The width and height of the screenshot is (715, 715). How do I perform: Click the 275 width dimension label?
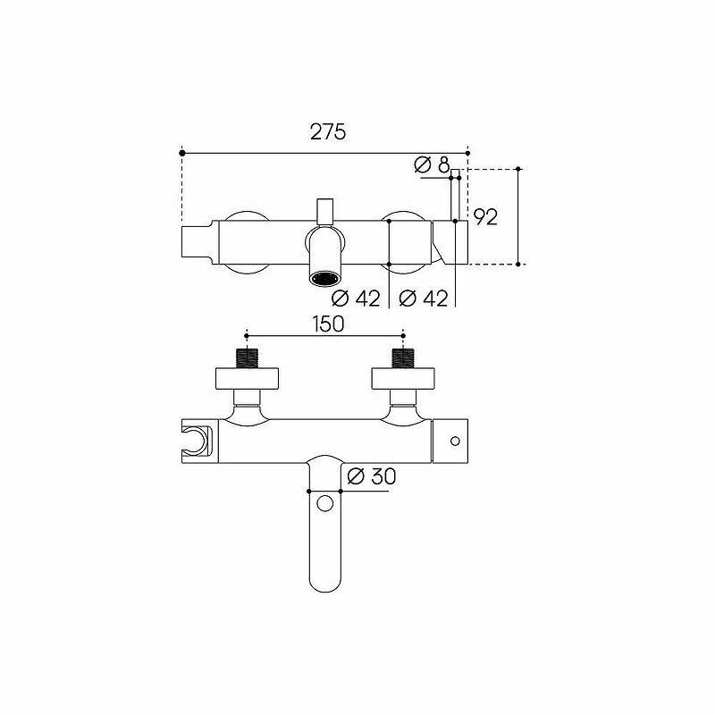(328, 132)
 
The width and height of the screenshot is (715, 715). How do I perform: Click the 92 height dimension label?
(485, 217)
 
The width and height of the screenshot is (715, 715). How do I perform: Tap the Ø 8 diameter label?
(432, 164)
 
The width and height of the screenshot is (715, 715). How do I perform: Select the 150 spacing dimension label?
(328, 324)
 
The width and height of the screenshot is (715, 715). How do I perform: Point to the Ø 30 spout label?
(372, 476)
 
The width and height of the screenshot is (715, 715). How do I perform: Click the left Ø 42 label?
(356, 299)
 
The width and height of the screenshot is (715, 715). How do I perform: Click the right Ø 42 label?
(423, 299)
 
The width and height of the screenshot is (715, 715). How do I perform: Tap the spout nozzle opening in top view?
(324, 278)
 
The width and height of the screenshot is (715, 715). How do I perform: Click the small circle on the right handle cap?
(455, 441)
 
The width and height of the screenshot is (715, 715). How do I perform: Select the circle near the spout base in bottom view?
(325, 504)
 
